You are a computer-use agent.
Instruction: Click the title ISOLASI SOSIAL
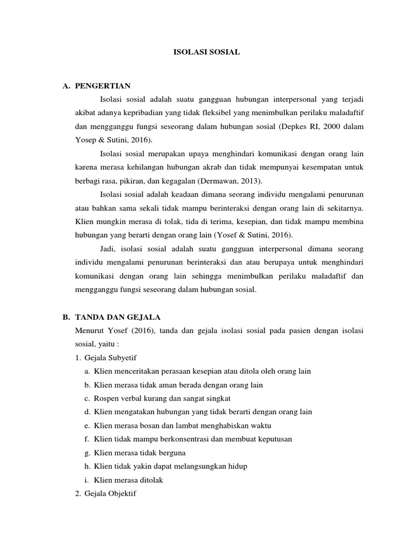(x=207, y=52)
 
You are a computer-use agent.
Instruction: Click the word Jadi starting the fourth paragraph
(x=108, y=249)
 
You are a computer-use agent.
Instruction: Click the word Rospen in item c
(x=106, y=398)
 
